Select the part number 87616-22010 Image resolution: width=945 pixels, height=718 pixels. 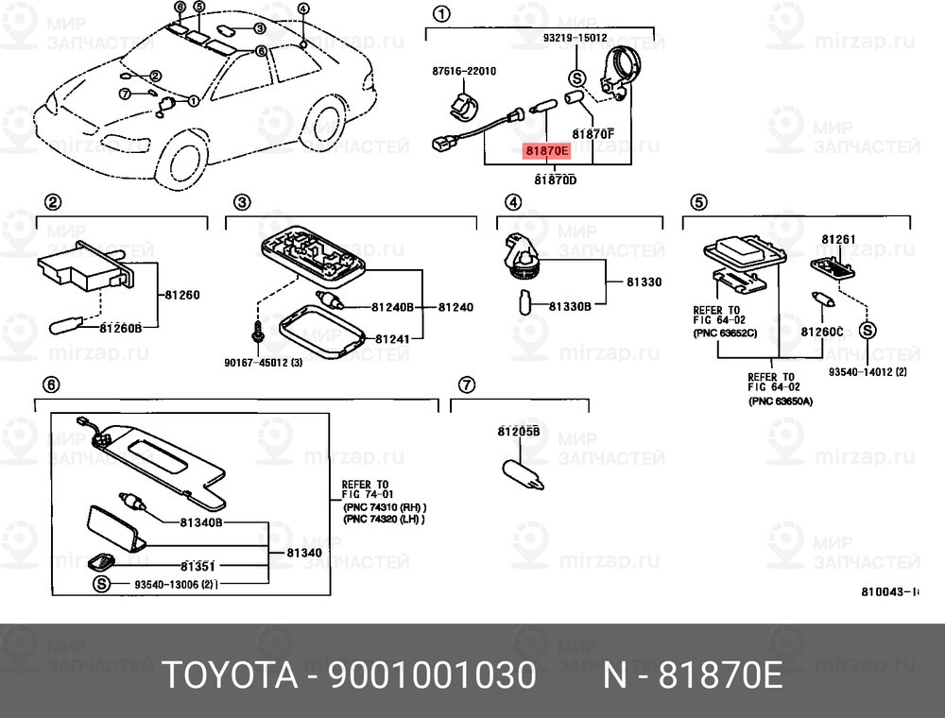click(x=464, y=72)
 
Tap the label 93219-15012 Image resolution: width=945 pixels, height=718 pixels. click(x=575, y=38)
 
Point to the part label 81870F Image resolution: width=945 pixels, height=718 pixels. click(x=593, y=134)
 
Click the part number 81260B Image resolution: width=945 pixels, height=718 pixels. click(x=121, y=328)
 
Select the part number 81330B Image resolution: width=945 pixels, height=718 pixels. click(x=570, y=306)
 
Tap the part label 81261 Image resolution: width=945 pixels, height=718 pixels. click(x=837, y=240)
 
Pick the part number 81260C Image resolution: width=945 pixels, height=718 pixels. click(x=821, y=332)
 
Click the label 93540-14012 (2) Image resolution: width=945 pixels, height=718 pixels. click(x=868, y=371)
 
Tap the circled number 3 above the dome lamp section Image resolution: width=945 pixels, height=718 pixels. click(x=242, y=202)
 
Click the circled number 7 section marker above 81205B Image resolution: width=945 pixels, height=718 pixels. click(x=466, y=385)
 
